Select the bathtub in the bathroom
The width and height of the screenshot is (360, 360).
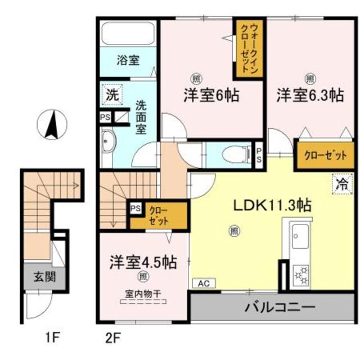coord(129,33)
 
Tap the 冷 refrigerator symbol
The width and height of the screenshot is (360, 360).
coord(341,183)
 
